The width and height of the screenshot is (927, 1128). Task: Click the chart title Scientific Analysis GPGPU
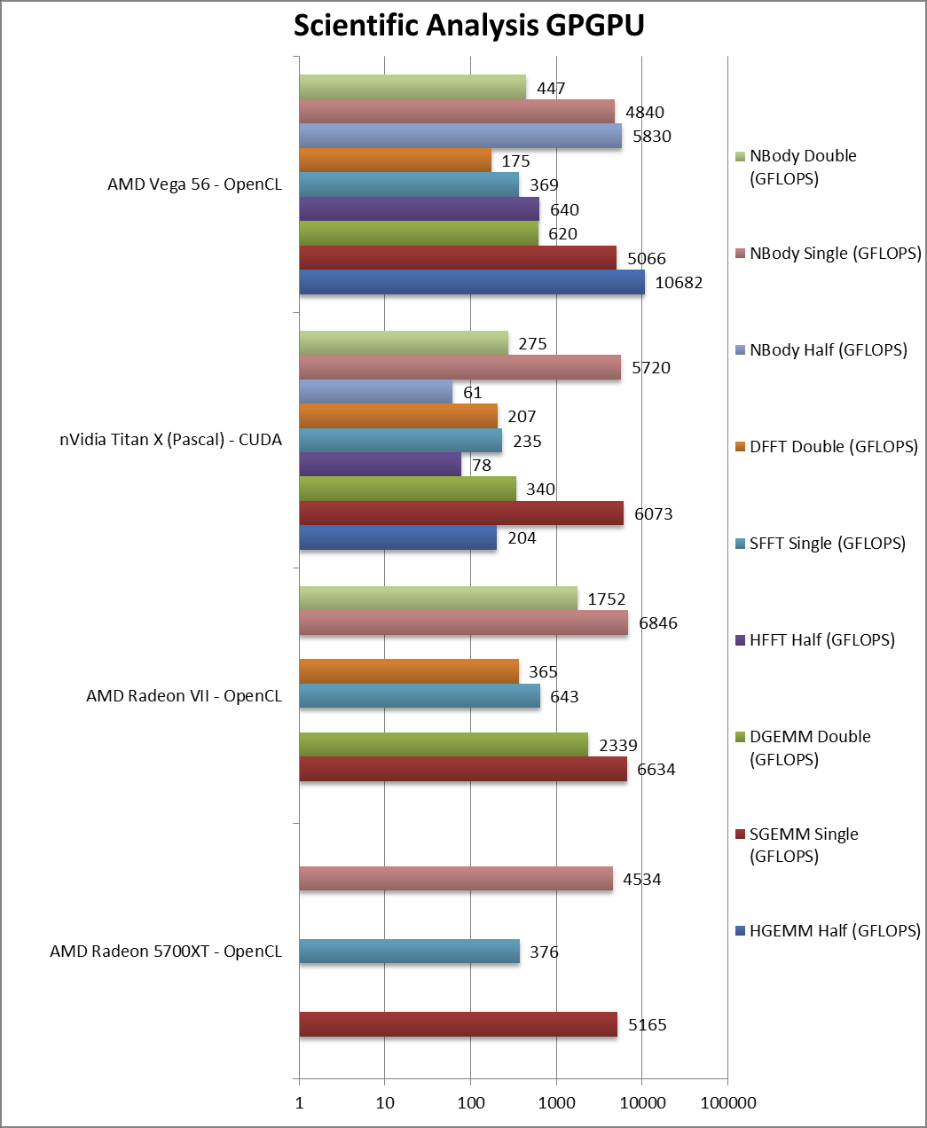tap(468, 26)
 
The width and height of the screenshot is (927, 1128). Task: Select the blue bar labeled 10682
tap(471, 282)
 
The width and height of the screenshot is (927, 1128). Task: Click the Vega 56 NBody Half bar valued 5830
tap(460, 136)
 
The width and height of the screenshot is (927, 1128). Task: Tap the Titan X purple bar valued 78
tap(380, 464)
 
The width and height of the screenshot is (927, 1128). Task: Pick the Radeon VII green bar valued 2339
tap(443, 745)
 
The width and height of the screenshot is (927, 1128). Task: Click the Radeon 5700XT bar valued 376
tap(409, 952)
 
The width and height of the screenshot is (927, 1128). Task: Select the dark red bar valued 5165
tap(458, 1024)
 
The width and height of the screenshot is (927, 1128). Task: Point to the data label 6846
tap(657, 623)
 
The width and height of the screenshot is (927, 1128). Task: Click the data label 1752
tap(606, 599)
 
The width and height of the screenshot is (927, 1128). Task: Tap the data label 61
tap(472, 393)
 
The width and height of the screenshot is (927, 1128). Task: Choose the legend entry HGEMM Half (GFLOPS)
tap(834, 930)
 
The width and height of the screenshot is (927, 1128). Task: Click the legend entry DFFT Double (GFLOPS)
tap(833, 446)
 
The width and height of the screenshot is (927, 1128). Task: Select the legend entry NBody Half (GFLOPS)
tap(828, 349)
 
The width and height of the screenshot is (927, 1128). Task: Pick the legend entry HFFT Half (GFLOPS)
tap(821, 639)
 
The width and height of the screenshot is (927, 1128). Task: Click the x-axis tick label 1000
tap(556, 1103)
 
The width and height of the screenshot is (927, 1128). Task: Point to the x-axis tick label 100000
tap(727, 1103)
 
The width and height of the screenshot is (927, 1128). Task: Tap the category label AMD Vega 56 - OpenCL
tap(194, 184)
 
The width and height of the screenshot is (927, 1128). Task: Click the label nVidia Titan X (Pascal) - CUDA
tap(170, 440)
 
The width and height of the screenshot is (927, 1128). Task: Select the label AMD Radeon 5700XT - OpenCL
tap(166, 952)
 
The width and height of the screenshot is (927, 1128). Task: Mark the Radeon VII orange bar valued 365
tap(409, 671)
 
